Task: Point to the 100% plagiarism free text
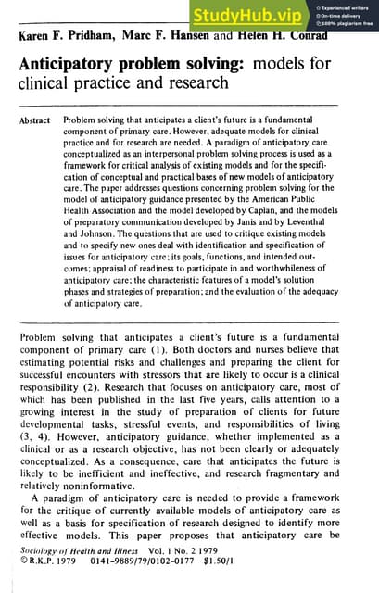click(347, 22)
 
